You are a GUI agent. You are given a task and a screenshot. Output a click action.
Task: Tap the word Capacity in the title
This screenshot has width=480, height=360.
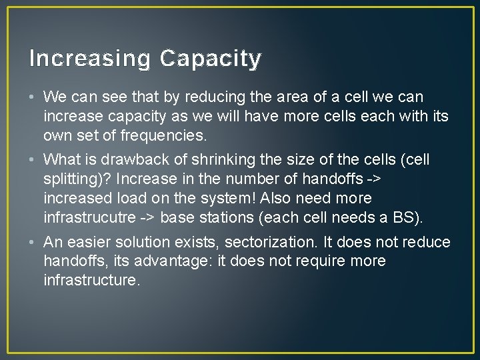point(211,59)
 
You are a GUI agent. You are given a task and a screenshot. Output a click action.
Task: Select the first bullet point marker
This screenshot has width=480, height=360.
point(33,97)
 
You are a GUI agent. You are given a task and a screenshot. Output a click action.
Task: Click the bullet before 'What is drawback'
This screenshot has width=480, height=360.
point(33,160)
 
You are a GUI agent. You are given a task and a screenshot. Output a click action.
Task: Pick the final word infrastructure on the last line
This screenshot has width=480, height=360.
point(92,280)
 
